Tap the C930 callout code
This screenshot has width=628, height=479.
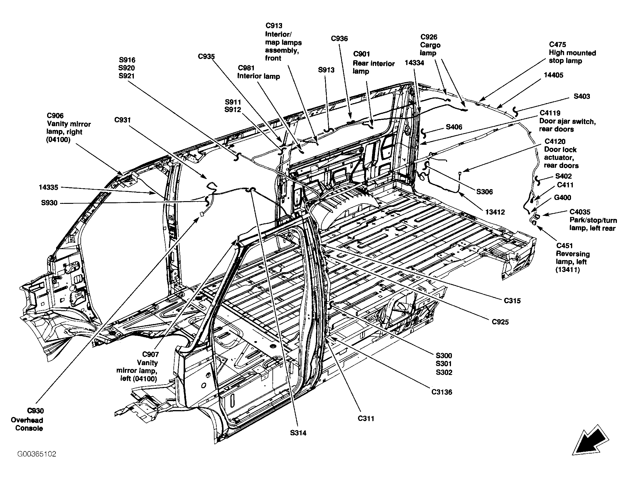pos(35,411)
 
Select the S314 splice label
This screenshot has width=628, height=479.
pos(298,433)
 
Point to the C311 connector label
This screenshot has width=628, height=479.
pos(366,418)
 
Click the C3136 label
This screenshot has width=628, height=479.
pos(442,392)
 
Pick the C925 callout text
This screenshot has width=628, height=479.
pos(500,322)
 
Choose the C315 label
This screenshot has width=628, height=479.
pos(512,300)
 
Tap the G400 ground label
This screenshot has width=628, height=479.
pos(563,198)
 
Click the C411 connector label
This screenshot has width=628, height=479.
pos(565,185)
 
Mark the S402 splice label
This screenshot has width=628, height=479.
pos(563,176)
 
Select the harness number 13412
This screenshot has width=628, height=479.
pos(495,212)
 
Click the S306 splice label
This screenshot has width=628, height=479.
pos(485,192)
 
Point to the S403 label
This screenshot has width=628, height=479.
pos(582,96)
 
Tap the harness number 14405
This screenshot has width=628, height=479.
pos(554,75)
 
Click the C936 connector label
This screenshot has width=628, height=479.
pos(339,38)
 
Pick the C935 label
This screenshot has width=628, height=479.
pos(206,56)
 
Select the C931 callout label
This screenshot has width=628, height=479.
pos(123,120)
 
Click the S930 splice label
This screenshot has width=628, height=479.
pos(49,203)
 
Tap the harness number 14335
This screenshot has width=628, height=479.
pos(48,187)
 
